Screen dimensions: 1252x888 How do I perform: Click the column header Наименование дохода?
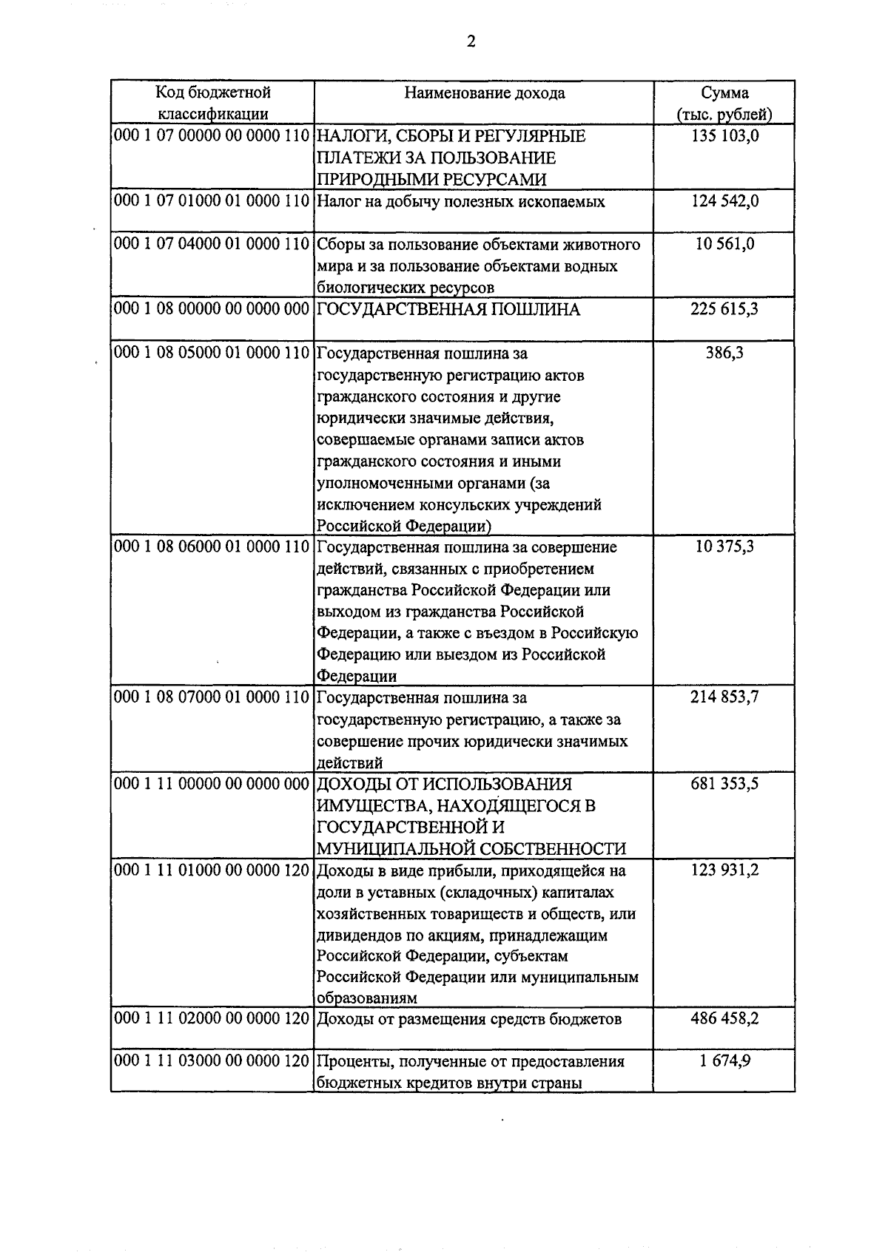[484, 93]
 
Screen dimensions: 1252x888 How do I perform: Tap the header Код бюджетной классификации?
[212, 103]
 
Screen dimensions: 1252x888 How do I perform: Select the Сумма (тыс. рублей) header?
[724, 104]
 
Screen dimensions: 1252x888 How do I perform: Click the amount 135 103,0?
[724, 136]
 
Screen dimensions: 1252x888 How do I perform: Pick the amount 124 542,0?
[724, 201]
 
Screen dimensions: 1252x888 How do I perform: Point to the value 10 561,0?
[724, 244]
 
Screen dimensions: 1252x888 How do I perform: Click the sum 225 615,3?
[724, 309]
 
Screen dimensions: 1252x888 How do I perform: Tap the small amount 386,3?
[724, 353]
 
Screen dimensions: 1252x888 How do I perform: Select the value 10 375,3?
[724, 547]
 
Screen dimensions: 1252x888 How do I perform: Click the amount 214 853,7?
[724, 697]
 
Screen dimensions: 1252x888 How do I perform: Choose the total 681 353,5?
[724, 784]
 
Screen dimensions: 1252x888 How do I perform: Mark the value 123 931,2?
[724, 870]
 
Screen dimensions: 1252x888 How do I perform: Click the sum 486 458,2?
[724, 1018]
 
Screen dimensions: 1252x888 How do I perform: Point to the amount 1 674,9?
[724, 1061]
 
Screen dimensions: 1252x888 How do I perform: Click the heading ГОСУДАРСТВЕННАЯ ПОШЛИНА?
[448, 310]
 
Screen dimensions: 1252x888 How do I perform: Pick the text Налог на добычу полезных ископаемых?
[460, 202]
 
